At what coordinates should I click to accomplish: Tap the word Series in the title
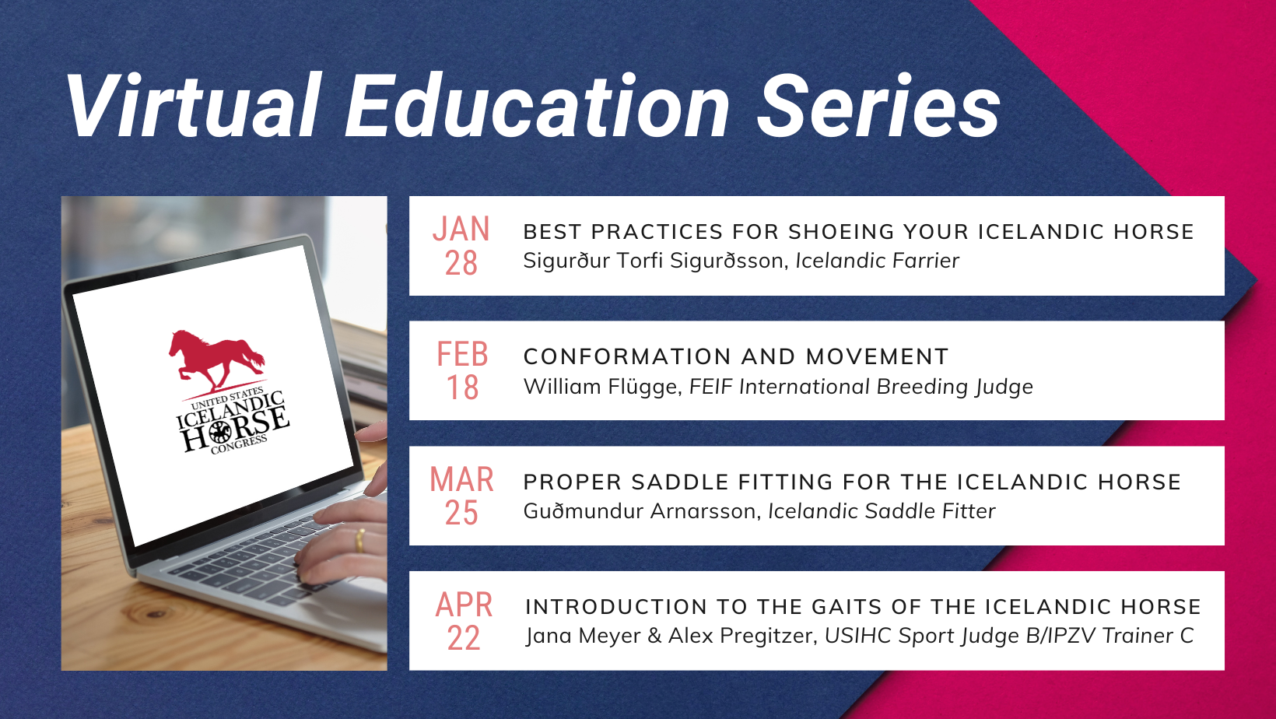878,106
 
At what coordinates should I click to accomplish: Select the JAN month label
461,229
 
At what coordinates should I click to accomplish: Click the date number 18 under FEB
462,388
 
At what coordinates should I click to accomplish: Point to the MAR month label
461,479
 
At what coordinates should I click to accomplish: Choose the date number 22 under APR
463,638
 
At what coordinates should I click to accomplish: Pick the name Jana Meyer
584,636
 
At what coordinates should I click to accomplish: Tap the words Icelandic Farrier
878,261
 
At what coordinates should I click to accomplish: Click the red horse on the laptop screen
216,360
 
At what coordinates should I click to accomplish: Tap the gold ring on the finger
360,540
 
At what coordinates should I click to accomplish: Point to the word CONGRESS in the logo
239,445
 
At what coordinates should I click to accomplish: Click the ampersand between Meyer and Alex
654,636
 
